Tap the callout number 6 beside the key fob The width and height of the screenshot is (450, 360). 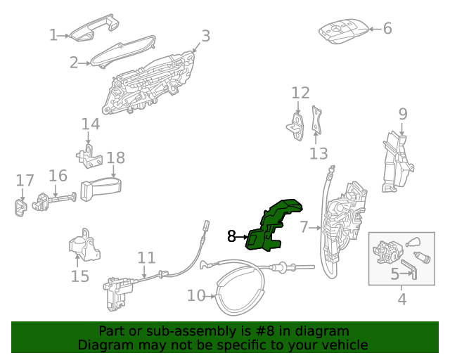point(387,29)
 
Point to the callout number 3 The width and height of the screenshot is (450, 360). point(205,36)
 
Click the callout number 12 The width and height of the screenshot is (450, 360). point(300,93)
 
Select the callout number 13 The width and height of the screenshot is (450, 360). point(319,153)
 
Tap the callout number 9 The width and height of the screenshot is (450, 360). point(403,113)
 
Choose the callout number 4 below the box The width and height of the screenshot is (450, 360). point(401,300)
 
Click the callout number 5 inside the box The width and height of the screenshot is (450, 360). point(395,274)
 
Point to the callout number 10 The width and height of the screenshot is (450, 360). point(195,296)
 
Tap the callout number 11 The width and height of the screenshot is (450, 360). point(146,257)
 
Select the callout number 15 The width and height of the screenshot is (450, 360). point(80,276)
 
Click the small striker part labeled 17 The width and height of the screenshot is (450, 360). point(20,207)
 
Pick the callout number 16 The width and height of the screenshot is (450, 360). point(58,175)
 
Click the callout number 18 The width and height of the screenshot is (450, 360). point(115,157)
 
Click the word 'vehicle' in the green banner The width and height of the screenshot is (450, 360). point(343,345)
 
